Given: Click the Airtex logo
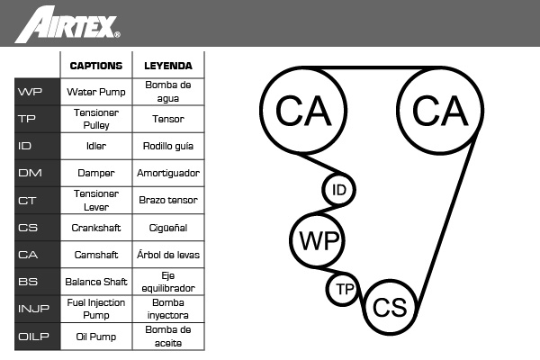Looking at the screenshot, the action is tap(67, 24).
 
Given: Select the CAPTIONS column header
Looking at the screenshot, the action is tap(96, 66).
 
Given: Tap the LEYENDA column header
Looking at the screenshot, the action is tap(168, 66).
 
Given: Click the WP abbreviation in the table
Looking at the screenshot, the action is tap(30, 92).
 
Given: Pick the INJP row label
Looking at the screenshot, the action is tap(33, 309).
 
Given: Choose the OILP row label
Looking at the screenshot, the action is tap(33, 337).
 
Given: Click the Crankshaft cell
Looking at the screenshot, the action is tap(96, 228).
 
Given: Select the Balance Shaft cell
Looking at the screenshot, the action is tap(96, 282).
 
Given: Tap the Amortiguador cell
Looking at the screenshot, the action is tap(168, 173).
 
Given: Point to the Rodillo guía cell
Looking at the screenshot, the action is tap(168, 146).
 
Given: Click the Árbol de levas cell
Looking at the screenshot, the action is tap(168, 255).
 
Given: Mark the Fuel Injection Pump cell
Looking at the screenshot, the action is tap(96, 309).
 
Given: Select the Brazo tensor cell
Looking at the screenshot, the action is tap(168, 200).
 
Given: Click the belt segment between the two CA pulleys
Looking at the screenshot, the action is tap(372, 67).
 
